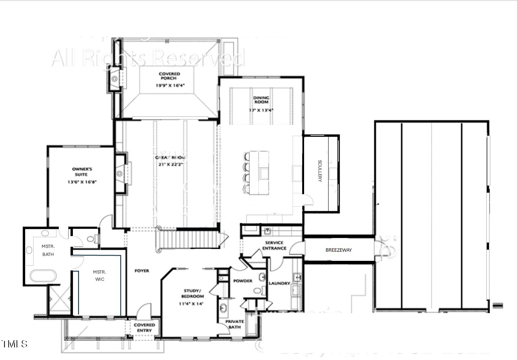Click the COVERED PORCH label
click(169, 76)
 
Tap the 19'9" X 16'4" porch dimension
click(170, 85)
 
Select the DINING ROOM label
click(261, 100)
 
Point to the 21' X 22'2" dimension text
click(171, 165)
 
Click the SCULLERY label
click(320, 170)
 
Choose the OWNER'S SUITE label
click(82, 172)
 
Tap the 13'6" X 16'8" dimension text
click(82, 182)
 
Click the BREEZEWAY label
click(338, 250)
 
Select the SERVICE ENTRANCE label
click(274, 246)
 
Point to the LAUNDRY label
click(279, 283)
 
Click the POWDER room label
click(243, 281)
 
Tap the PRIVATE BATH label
click(234, 324)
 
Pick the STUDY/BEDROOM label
click(192, 293)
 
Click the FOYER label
click(142, 271)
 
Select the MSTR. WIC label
click(100, 275)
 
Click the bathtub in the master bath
click(43, 276)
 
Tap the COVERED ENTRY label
click(144, 328)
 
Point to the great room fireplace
click(121, 174)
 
